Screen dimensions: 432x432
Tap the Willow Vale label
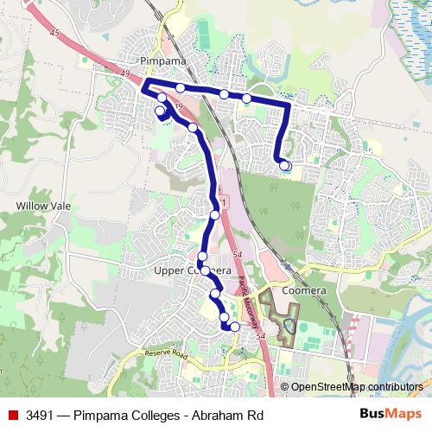39,206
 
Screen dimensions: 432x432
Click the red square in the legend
12,415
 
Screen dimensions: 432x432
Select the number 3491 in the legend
41,415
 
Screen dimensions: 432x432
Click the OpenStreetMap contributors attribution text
357,387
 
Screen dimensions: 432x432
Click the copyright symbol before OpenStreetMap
284,387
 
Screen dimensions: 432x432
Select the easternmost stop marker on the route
286,165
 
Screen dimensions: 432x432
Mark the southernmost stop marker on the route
232,327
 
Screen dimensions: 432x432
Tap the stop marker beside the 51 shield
214,214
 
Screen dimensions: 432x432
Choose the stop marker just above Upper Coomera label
202,256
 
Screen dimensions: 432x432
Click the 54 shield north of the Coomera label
237,254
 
